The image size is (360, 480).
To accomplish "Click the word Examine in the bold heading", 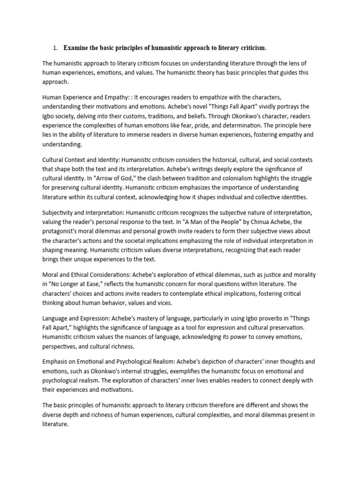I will pos(79,48).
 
